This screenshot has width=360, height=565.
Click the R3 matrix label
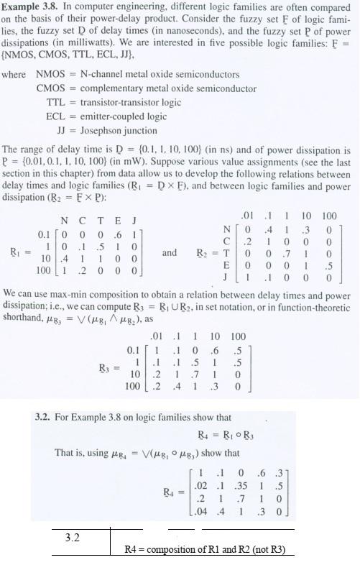[106, 368]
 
